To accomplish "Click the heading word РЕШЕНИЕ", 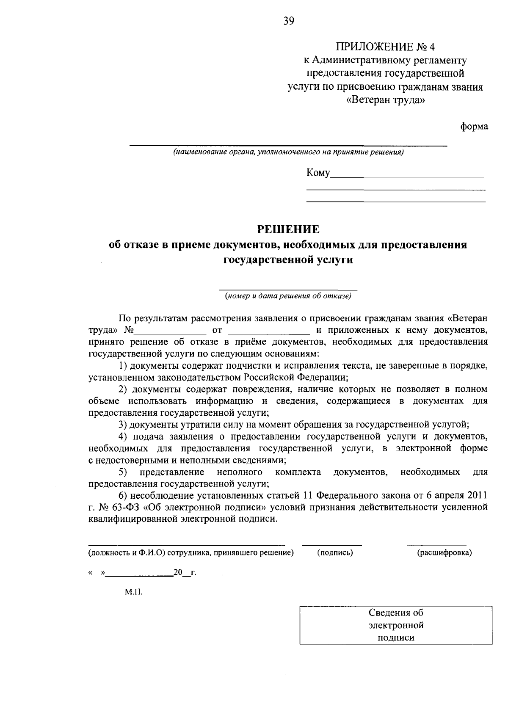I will click(x=289, y=229).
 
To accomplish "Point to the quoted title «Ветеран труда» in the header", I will click(x=385, y=101).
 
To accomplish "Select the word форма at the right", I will click(x=474, y=126).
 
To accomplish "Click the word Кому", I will click(x=317, y=173).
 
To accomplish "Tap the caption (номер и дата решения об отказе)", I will click(x=288, y=296).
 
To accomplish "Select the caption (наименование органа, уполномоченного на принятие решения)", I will click(x=288, y=152).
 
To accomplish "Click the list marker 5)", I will click(x=123, y=472).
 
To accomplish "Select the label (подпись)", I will click(x=335, y=552).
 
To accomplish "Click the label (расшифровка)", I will click(x=444, y=552).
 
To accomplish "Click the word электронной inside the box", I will click(x=396, y=625).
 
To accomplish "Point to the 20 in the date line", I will click(x=178, y=573).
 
